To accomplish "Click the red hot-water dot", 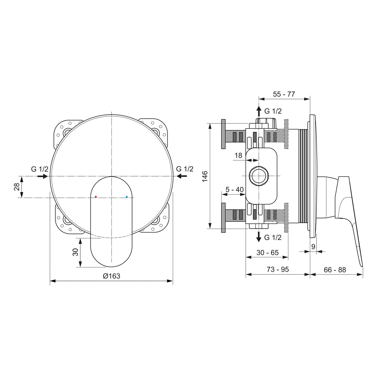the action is pos(96,197).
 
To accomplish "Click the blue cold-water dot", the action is pos(127,197).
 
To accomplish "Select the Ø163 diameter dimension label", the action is pos(112,276).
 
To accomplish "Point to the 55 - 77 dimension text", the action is pos(284,94).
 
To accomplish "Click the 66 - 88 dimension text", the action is pos(335,270).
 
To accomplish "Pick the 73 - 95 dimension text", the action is pos(278,269).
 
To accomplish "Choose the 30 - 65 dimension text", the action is pos(267,253).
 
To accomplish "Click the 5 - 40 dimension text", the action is pos(234,189).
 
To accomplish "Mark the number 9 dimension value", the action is pos(313,247).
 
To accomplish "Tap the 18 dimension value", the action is pos(238,156).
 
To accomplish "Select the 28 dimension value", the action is pos(17,187).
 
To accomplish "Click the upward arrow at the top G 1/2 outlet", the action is pos(259,110).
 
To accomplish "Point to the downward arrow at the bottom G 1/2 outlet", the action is pos(259,237).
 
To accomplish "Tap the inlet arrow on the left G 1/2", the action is pos(42,176).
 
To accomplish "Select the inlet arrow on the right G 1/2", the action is pos(182,176).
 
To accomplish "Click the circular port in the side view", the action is pos(258,176).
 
